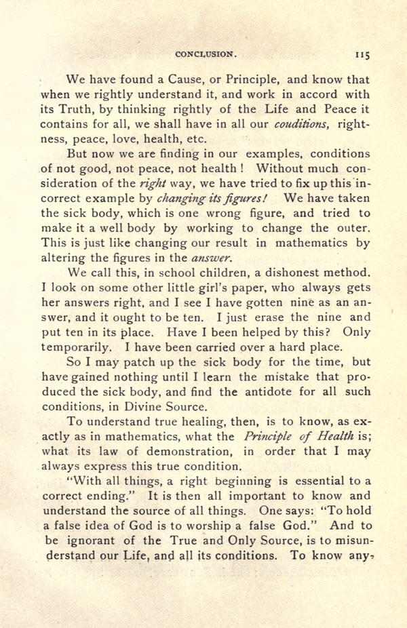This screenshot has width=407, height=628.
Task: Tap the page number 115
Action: click(x=360, y=53)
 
